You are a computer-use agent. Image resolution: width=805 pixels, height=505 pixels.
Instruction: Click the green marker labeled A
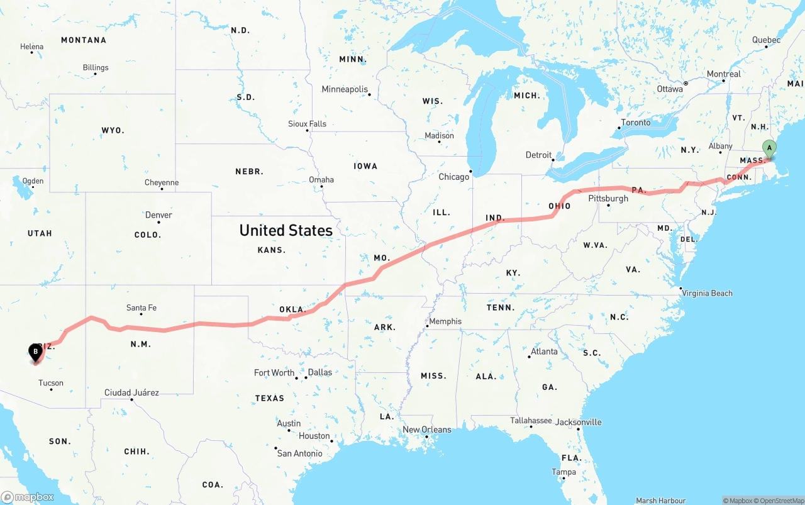click(769, 149)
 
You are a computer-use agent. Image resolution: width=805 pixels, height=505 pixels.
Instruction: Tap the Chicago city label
click(453, 177)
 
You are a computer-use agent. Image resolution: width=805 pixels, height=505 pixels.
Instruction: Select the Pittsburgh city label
click(608, 198)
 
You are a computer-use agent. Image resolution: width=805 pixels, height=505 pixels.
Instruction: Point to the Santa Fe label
click(141, 308)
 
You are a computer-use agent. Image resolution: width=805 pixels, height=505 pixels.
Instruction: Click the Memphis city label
click(445, 321)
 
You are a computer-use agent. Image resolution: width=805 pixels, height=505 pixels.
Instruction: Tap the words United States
click(286, 230)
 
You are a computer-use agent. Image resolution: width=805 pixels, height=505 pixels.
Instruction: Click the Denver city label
click(158, 215)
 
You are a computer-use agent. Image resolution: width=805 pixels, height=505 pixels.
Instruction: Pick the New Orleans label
click(427, 430)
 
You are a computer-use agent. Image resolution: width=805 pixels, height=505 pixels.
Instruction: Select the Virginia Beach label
click(707, 293)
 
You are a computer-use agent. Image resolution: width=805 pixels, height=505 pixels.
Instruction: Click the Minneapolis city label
click(345, 89)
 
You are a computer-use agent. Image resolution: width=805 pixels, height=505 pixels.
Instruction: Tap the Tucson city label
click(51, 382)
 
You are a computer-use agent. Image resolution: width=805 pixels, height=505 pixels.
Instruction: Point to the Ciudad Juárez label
click(131, 392)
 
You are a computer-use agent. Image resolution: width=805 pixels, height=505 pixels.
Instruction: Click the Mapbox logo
click(28, 497)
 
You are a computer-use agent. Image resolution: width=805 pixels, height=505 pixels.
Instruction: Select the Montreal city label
click(724, 74)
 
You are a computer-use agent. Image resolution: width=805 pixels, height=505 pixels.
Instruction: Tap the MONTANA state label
click(84, 40)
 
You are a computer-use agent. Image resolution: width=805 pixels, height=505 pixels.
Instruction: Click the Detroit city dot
click(553, 160)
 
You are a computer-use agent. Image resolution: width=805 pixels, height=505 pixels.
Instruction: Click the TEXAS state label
click(270, 398)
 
